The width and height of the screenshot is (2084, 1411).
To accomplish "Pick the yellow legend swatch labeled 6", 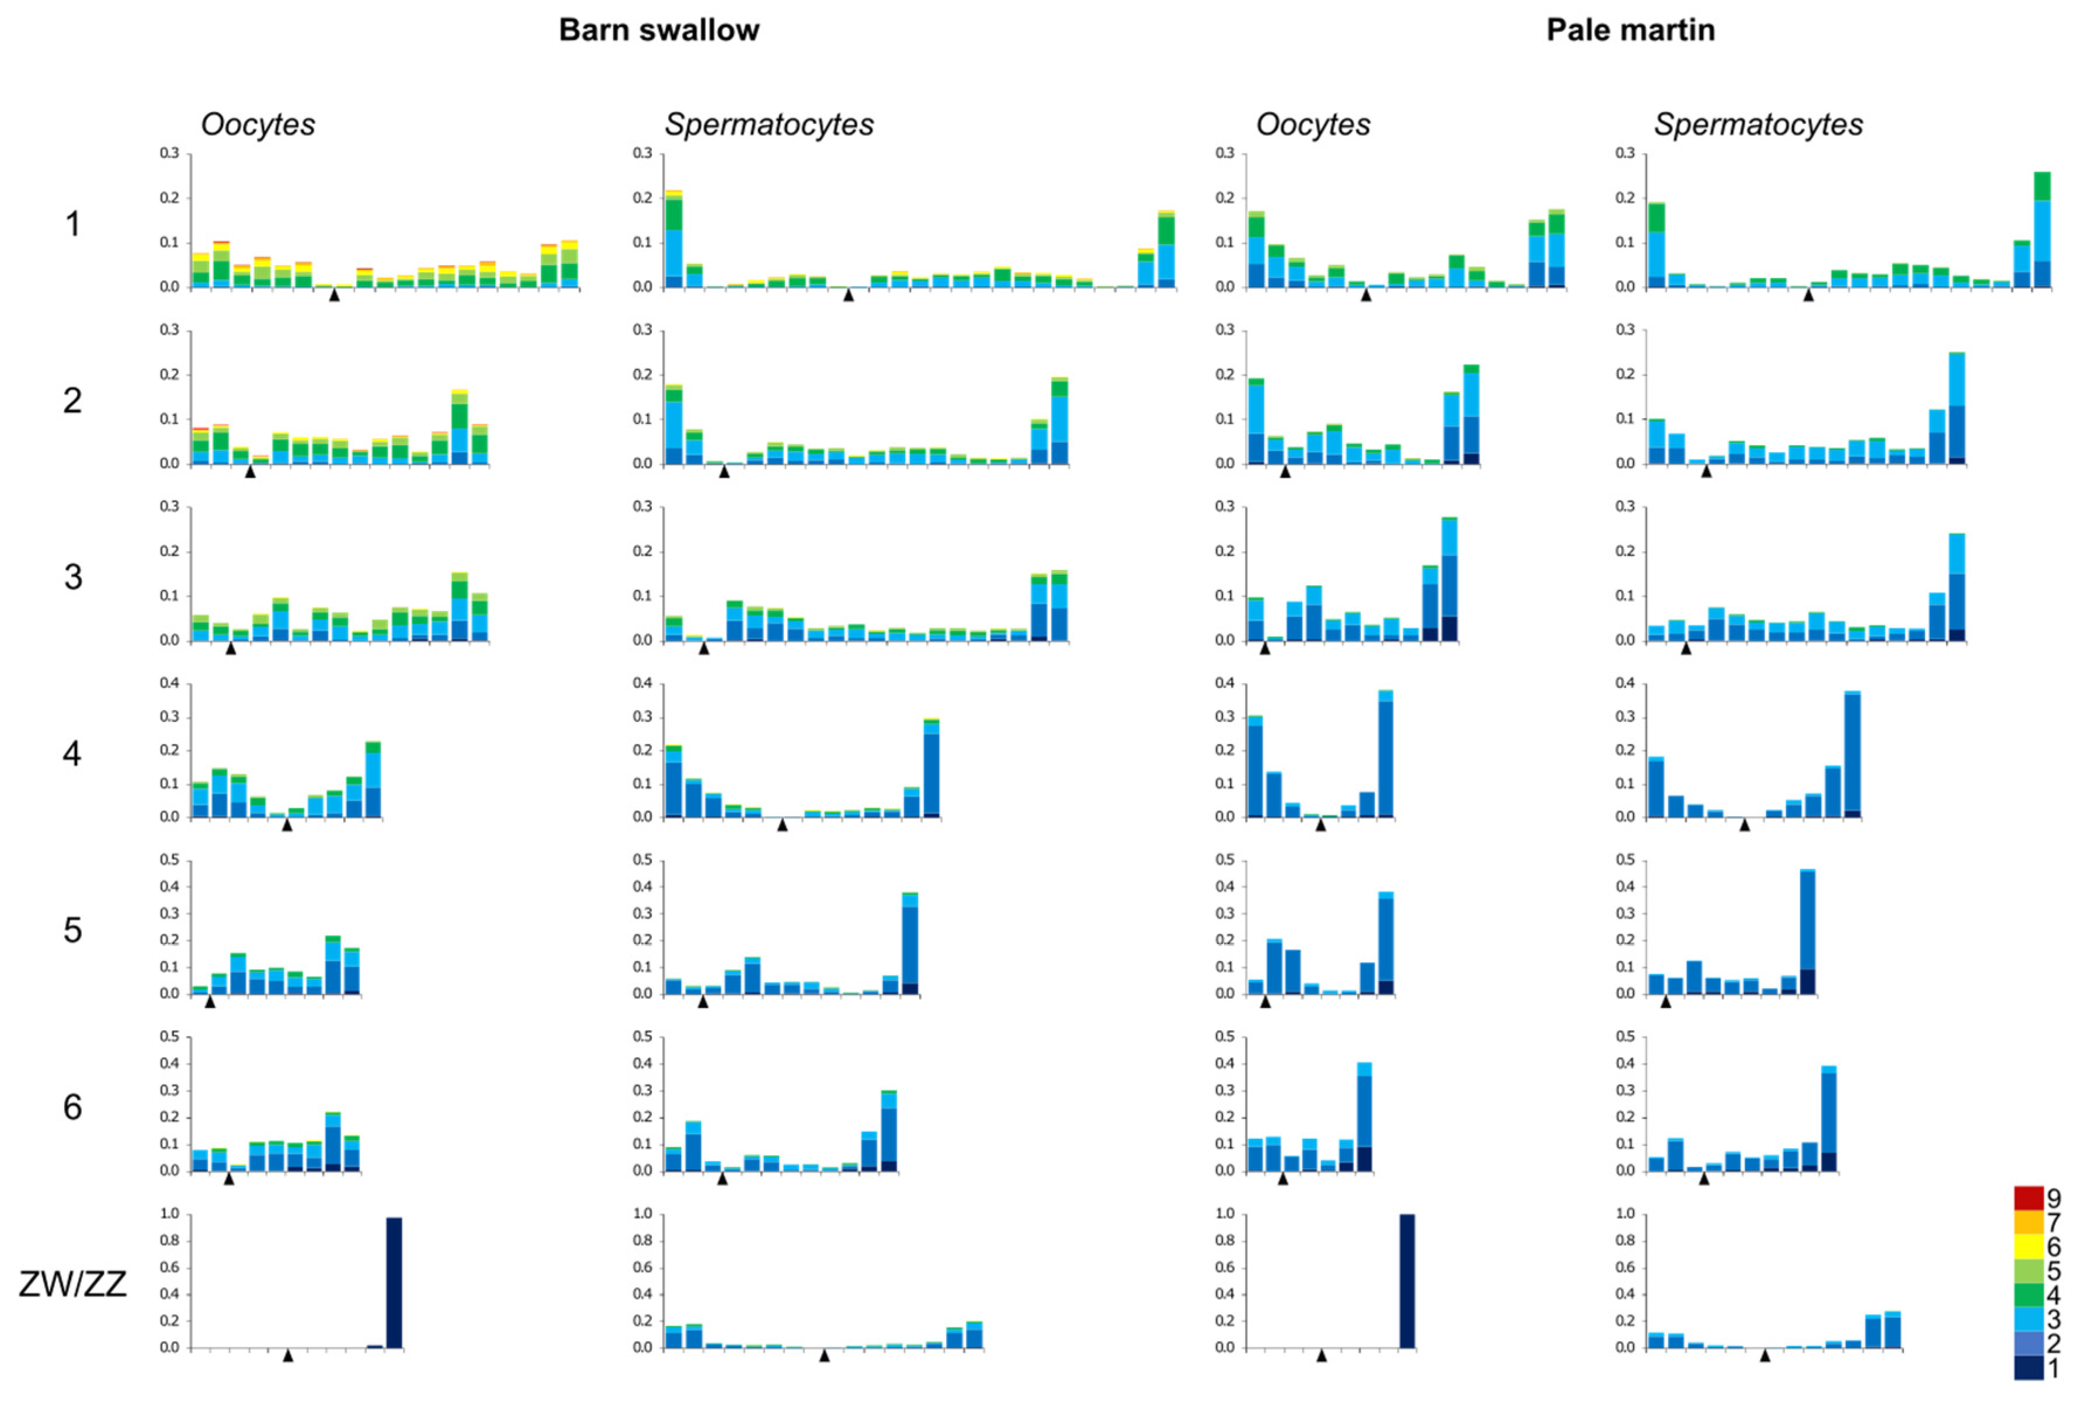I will (x=2029, y=1246).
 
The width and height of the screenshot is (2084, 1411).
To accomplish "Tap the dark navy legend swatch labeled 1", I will (x=2029, y=1367).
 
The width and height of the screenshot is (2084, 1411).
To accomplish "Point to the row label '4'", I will (x=72, y=753).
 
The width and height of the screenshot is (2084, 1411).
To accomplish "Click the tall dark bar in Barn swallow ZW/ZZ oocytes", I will (x=394, y=1283).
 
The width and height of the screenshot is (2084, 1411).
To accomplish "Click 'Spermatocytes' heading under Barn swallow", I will (x=768, y=124).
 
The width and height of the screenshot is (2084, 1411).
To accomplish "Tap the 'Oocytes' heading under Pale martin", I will (x=1312, y=124).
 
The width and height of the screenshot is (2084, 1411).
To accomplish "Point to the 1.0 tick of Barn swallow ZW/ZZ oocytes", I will (x=169, y=1214).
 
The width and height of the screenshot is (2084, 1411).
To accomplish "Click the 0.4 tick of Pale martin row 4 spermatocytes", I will (x=1625, y=683).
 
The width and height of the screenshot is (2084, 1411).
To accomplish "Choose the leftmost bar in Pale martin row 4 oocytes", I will (x=1254, y=767).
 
